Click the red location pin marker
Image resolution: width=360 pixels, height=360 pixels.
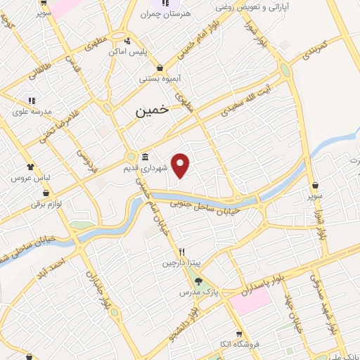pyautogui.click(x=181, y=165)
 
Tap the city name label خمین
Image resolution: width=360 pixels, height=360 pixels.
pyautogui.click(x=151, y=110)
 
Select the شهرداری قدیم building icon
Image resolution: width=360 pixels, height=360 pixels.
pyautogui.click(x=144, y=156)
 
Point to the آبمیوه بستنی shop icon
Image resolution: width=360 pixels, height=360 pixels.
pyautogui.click(x=161, y=67)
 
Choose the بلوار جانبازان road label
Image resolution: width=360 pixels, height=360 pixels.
pyautogui.click(x=99, y=292)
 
